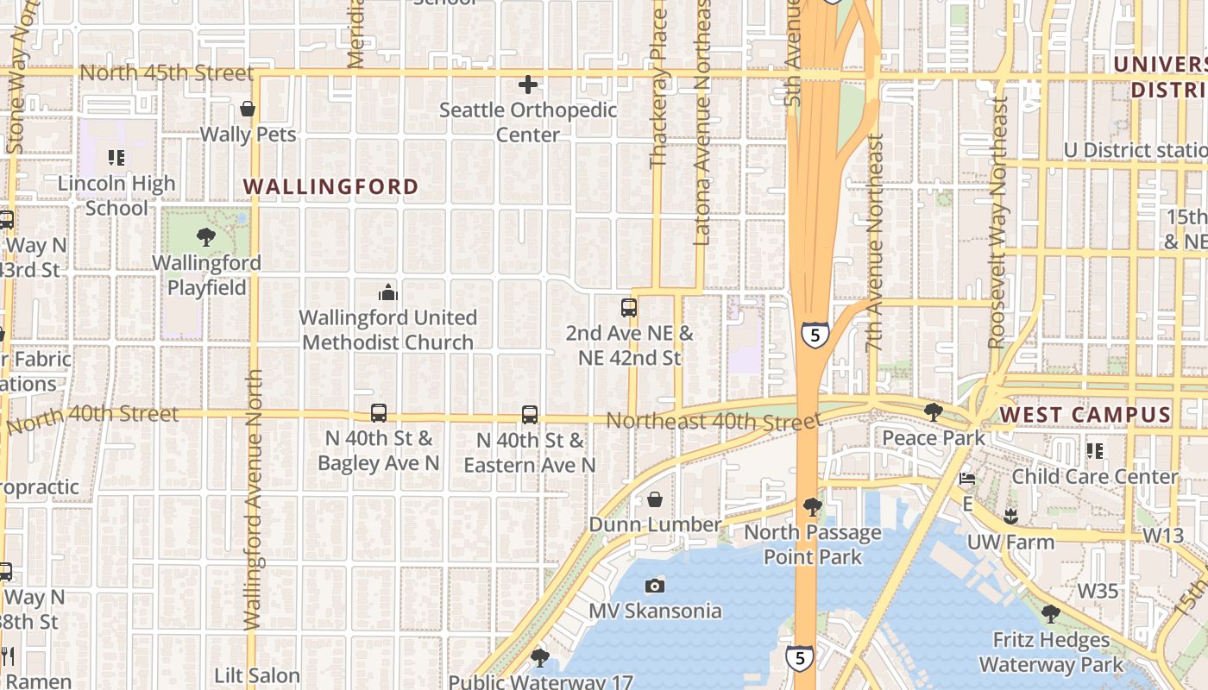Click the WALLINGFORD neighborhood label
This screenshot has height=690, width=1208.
tap(330, 186)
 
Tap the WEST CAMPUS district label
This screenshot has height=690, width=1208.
tap(1085, 415)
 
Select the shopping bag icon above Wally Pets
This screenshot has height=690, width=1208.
tap(248, 110)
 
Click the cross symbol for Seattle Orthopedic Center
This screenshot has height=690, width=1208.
tap(528, 85)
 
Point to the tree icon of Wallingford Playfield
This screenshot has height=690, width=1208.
tap(205, 236)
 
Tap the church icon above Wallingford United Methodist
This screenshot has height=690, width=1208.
tap(387, 292)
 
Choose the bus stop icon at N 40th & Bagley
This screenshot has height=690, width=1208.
tap(378, 413)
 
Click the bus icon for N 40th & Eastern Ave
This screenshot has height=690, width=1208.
tap(530, 415)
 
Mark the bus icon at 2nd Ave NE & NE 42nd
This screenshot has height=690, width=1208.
tap(629, 307)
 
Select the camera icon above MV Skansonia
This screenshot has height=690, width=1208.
tap(655, 586)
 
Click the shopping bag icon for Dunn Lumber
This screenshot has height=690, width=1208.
tap(655, 500)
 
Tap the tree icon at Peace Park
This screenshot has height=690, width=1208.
tap(933, 412)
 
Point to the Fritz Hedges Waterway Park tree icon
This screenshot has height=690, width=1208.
tap(1050, 614)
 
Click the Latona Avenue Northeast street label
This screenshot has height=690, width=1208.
tap(702, 121)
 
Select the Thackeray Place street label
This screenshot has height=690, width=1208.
tap(658, 86)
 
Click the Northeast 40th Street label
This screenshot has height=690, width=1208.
tap(713, 421)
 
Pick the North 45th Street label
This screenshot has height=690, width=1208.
tap(167, 72)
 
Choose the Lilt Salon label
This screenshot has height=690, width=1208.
tap(256, 675)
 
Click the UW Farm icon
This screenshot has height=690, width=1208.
tap(1010, 517)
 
